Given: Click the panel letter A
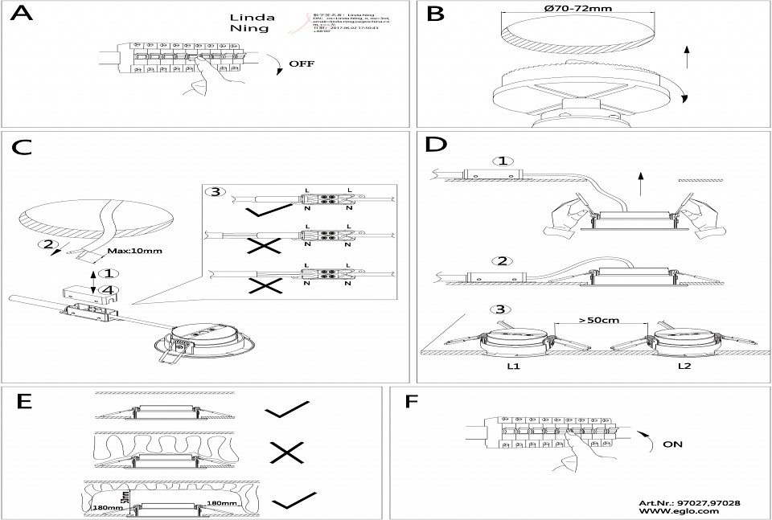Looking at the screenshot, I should pyautogui.click(x=23, y=16).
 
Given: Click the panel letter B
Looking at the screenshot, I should pyautogui.click(x=436, y=15).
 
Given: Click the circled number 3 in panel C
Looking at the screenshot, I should pyautogui.click(x=216, y=192).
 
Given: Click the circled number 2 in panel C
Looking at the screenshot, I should pyautogui.click(x=50, y=244).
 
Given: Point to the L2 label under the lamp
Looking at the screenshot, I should pyautogui.click(x=684, y=366).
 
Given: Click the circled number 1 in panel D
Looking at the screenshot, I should pyautogui.click(x=503, y=161).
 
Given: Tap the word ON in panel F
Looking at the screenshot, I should pyautogui.click(x=674, y=442).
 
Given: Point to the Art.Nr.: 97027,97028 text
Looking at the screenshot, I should pyautogui.click(x=689, y=502).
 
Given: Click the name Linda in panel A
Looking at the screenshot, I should pyautogui.click(x=253, y=17).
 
